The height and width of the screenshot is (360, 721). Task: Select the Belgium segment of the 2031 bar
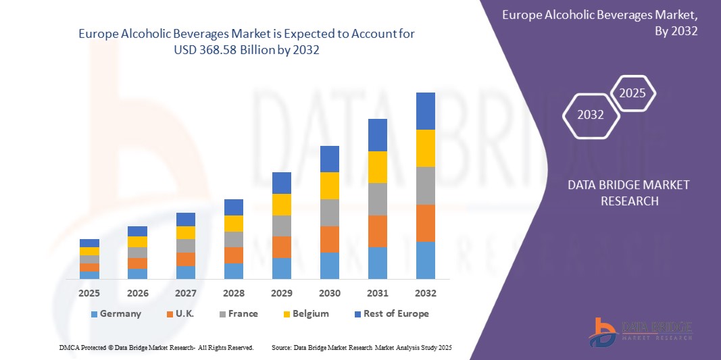pyautogui.click(x=378, y=167)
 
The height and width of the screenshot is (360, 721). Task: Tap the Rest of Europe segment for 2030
pyautogui.click(x=329, y=159)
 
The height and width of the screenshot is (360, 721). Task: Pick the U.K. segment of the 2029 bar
pyautogui.click(x=281, y=247)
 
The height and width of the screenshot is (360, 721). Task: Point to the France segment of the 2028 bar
pyautogui.click(x=233, y=239)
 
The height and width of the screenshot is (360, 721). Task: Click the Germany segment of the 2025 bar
pyautogui.click(x=89, y=275)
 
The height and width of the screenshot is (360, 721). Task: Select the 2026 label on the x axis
pyautogui.click(x=137, y=293)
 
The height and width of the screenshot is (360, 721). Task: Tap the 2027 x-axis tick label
pyautogui.click(x=185, y=293)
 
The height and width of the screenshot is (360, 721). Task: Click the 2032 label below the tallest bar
pyautogui.click(x=426, y=293)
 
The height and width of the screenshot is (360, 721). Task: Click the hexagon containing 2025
pyautogui.click(x=632, y=93)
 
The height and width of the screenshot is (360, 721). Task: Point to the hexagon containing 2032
pyautogui.click(x=591, y=115)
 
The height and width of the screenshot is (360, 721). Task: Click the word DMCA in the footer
pyautogui.click(x=69, y=347)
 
